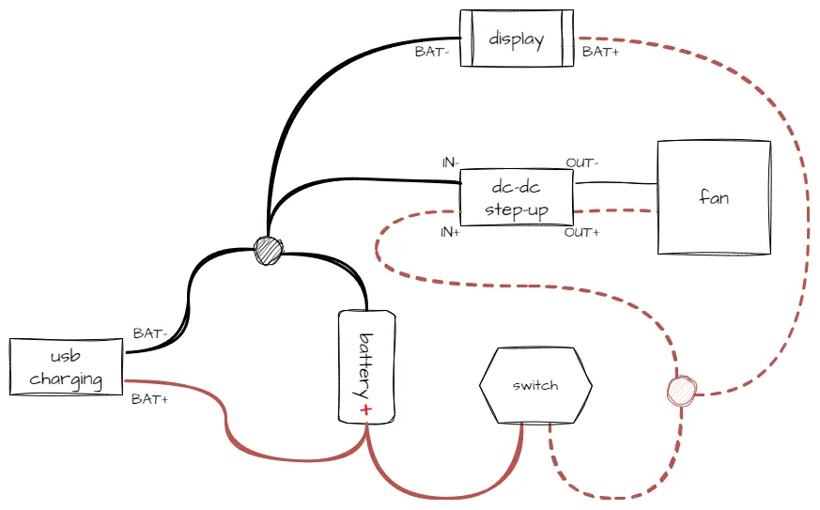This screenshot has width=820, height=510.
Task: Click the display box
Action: click(517, 39)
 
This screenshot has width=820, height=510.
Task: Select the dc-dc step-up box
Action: click(517, 197)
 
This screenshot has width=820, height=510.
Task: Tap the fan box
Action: click(714, 197)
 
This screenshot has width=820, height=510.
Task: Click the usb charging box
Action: click(67, 366)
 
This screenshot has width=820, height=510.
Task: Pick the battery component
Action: click(366, 366)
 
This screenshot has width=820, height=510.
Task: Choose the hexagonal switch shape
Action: click(535, 385)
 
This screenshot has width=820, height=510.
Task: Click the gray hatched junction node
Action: click(268, 250)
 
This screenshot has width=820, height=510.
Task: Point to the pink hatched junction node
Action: click(682, 390)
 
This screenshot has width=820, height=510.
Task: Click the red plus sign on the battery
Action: click(365, 410)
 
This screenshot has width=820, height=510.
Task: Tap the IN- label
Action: click(450, 162)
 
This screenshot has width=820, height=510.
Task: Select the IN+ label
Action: click(450, 232)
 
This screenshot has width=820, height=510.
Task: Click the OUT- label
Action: click(581, 162)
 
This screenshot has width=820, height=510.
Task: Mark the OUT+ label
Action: click(581, 232)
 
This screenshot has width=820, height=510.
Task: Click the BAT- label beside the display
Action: click(432, 52)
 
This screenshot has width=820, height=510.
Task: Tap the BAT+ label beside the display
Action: click(600, 52)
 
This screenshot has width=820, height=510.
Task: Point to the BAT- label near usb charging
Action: click(149, 333)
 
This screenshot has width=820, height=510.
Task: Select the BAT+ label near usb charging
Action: click(149, 399)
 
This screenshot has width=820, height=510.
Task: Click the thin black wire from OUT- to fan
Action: click(615, 183)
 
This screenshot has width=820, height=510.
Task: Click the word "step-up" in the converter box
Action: click(517, 210)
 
